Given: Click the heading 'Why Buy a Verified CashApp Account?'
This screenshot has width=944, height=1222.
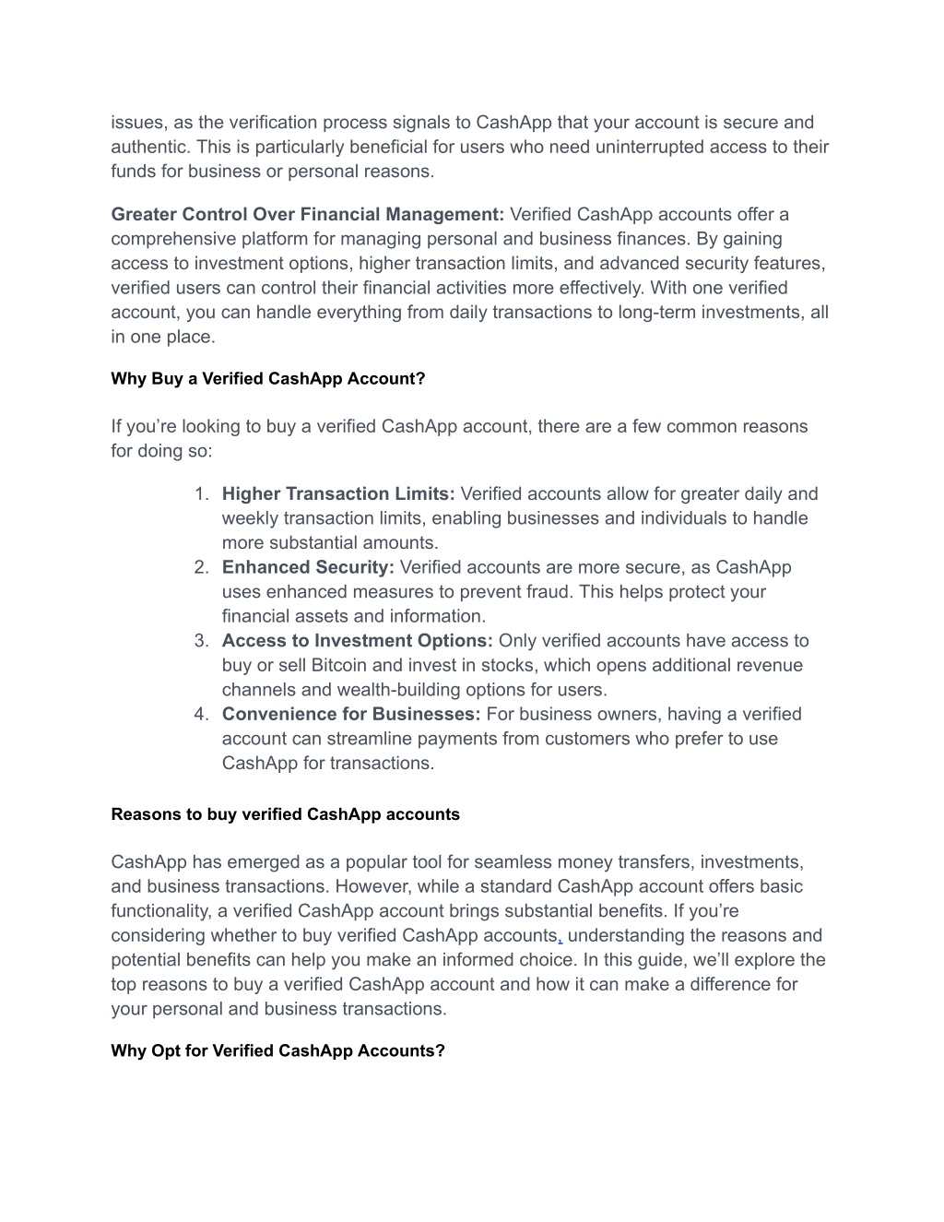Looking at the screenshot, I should [x=267, y=379].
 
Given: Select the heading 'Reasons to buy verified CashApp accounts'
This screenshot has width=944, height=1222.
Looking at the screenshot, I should [x=285, y=814].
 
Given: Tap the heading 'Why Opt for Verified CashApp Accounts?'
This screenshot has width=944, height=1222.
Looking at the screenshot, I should [x=277, y=1050].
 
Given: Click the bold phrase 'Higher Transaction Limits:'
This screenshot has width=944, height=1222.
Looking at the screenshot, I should [x=338, y=494].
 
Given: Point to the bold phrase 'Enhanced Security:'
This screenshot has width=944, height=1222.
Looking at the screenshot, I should [x=308, y=567].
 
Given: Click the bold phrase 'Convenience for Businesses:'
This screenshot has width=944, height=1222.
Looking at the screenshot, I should [x=351, y=714].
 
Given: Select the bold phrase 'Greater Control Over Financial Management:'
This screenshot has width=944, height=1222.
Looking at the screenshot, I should [x=307, y=215].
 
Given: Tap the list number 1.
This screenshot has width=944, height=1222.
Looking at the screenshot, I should [x=201, y=494].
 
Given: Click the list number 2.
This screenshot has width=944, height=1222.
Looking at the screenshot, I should [x=201, y=567].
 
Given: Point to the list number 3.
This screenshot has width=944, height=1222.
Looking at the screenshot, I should [x=201, y=641].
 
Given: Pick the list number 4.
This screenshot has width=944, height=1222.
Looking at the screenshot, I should [x=201, y=714].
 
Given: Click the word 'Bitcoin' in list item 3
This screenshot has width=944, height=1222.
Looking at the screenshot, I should [x=339, y=665].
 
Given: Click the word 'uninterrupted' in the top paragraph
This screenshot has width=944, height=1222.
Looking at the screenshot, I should [x=649, y=148].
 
